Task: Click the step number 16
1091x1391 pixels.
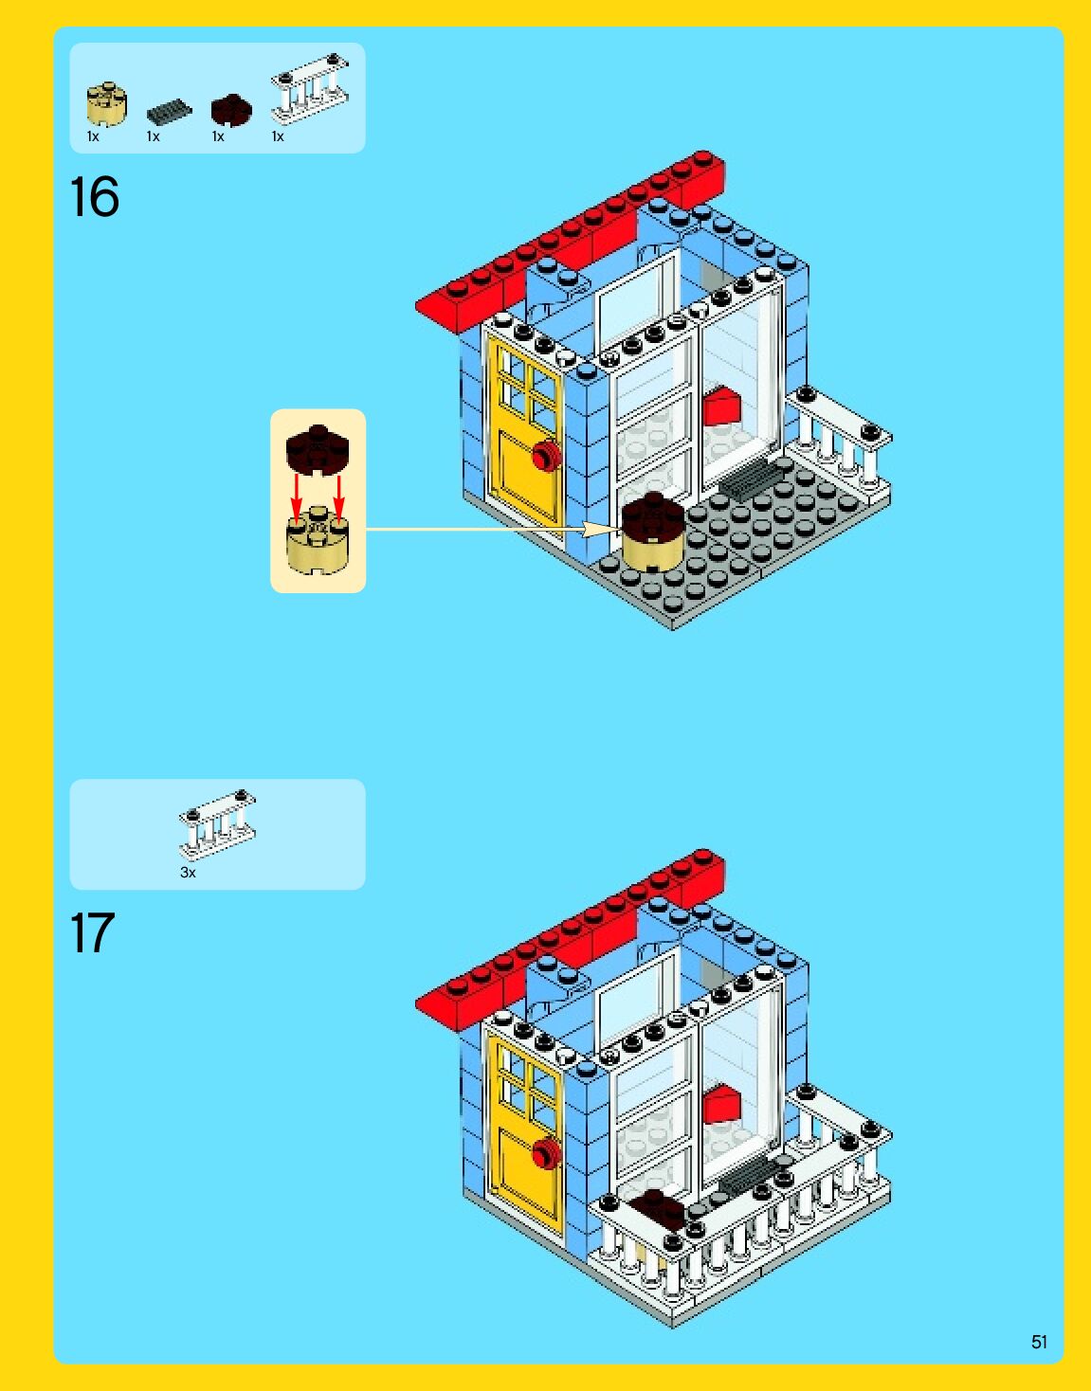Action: tap(94, 196)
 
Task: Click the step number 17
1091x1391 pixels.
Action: tap(92, 932)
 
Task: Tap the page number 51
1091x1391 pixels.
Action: tap(1039, 1342)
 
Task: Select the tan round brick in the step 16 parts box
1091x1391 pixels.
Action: tap(107, 103)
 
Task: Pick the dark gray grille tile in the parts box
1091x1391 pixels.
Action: tap(169, 112)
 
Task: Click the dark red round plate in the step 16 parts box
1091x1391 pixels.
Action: tap(231, 110)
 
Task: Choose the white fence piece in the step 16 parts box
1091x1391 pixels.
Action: tap(310, 89)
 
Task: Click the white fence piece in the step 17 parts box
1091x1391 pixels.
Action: tap(218, 824)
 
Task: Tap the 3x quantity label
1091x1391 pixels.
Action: tap(188, 873)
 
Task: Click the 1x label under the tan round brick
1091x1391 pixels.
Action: tap(94, 136)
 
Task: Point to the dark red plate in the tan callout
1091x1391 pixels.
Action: tap(318, 450)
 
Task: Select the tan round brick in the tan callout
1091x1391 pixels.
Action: tap(318, 540)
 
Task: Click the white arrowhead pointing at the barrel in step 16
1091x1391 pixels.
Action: tap(601, 530)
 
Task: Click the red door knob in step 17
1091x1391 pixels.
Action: tap(546, 1153)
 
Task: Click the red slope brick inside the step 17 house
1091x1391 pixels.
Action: tap(721, 1104)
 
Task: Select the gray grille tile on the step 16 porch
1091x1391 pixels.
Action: tap(751, 480)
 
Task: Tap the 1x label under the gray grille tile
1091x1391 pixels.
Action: tap(153, 136)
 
